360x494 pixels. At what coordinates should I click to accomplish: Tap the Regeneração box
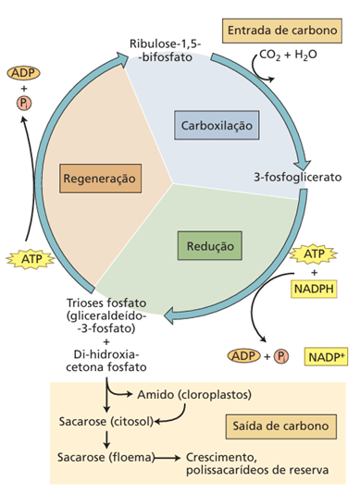(99, 176)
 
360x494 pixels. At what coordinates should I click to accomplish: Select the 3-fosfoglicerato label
(298, 175)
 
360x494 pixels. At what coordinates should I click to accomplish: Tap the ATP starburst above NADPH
(314, 252)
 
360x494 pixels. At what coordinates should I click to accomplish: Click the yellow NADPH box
(314, 289)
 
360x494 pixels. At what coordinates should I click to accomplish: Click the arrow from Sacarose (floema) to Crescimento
(167, 457)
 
